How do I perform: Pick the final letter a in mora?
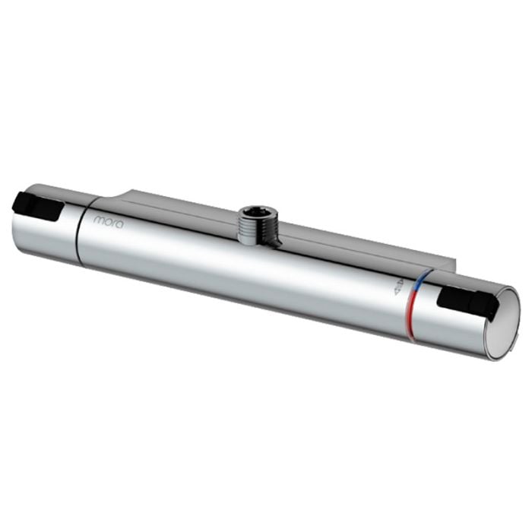pyautogui.click(x=120, y=224)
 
